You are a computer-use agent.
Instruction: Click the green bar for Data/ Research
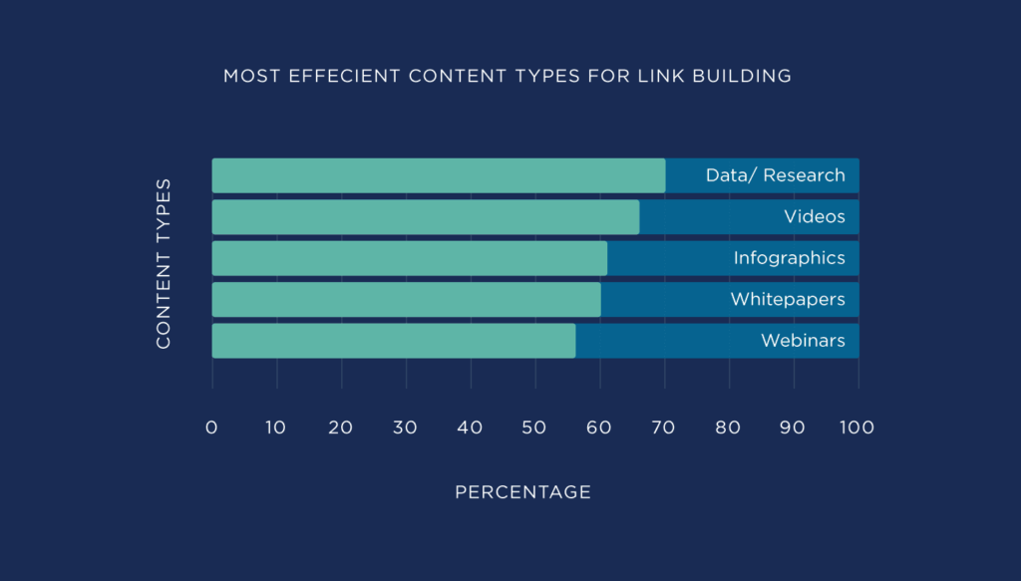coord(439,175)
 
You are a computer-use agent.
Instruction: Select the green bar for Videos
coord(426,217)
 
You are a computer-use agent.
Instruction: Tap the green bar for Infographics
coord(410,258)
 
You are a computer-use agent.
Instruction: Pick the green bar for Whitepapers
coord(407,299)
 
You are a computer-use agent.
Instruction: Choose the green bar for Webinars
coord(394,340)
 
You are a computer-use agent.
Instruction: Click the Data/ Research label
coord(775,175)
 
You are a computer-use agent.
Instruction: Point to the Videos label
coord(814,217)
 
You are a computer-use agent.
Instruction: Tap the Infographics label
coord(789,258)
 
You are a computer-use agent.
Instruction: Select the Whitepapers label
coord(787,299)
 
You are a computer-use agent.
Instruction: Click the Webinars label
coord(803,341)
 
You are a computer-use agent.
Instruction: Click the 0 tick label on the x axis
coord(211,428)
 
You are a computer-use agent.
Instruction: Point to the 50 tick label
coord(534,428)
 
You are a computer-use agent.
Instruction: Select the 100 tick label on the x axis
coord(856,428)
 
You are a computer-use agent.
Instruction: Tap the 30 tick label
coord(405,428)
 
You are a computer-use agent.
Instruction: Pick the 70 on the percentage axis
coord(664,428)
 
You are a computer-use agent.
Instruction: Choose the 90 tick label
coord(793,428)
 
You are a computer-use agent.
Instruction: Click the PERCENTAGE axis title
coord(522,492)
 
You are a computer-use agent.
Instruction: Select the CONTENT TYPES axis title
coord(165,264)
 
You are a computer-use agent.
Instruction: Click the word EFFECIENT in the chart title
coord(333,76)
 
